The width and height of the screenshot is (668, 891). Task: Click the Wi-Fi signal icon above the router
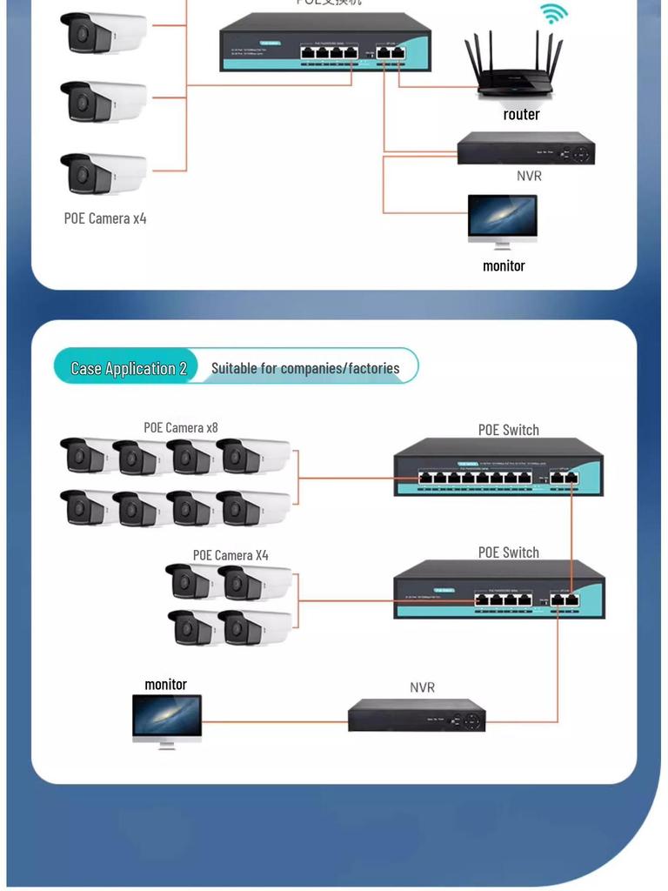(553, 14)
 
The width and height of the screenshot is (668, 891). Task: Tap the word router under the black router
(521, 114)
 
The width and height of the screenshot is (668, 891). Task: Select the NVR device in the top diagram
(526, 149)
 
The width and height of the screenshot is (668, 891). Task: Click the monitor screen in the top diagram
(503, 218)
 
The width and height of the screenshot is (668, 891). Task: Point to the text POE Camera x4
(105, 218)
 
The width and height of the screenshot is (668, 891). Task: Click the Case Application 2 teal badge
(128, 368)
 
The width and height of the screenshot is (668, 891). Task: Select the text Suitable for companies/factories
(305, 368)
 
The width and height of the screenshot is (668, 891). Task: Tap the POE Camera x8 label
(181, 427)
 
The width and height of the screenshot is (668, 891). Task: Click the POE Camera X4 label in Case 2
(230, 555)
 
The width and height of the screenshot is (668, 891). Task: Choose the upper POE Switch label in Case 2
(509, 430)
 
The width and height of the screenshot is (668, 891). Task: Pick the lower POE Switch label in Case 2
(509, 553)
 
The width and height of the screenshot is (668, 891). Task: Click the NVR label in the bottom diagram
(422, 687)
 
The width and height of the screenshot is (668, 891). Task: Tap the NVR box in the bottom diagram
(417, 715)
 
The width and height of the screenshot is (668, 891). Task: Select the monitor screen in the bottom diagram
(167, 716)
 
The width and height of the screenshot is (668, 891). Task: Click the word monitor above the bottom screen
(165, 685)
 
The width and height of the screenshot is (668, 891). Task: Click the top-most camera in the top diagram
(103, 33)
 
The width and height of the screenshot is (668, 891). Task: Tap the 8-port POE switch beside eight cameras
(498, 468)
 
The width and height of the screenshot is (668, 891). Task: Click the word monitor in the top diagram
(504, 265)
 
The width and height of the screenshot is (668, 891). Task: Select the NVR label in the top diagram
(529, 176)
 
